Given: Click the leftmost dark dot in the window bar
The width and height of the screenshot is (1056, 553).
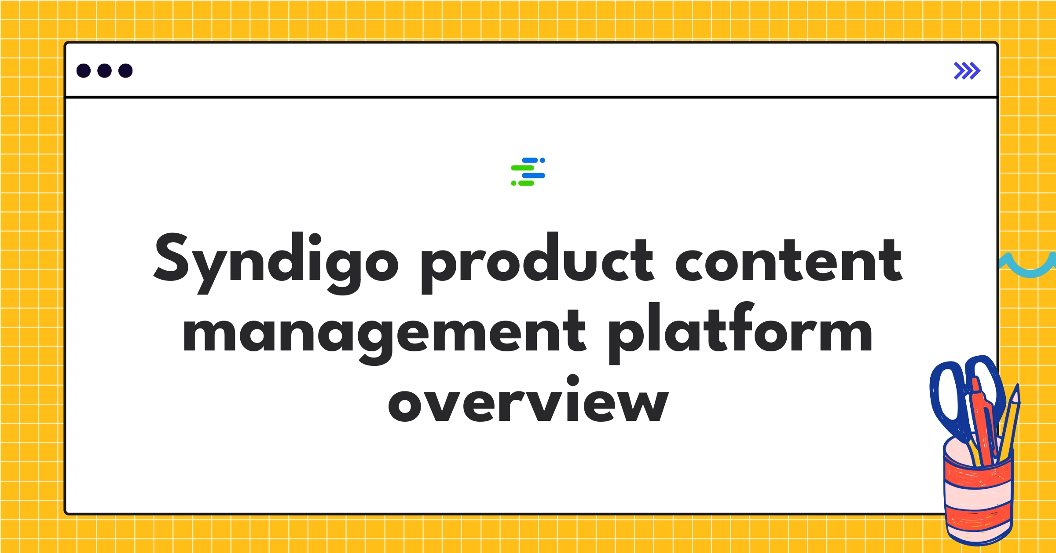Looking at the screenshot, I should (84, 70).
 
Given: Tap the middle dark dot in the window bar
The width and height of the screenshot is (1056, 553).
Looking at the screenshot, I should (104, 70).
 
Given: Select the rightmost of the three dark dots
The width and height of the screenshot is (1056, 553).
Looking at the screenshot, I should (125, 70).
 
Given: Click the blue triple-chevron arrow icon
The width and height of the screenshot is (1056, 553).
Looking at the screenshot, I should (967, 70).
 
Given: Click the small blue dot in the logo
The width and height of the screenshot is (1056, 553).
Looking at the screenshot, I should (543, 160).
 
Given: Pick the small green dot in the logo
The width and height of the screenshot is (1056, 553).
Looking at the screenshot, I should (513, 183).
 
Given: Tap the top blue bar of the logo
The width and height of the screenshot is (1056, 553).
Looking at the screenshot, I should (530, 160).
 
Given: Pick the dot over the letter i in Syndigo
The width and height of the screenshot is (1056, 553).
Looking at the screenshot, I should (315, 239).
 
